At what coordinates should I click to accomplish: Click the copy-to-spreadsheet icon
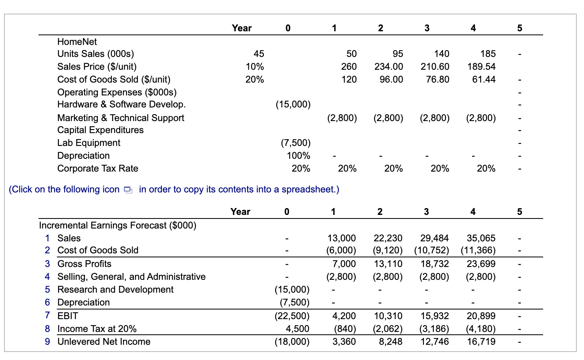tap(128, 190)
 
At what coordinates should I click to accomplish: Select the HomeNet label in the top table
tap(77, 42)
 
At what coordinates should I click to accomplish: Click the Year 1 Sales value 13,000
tap(341, 238)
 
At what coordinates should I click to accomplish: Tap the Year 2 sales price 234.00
tap(389, 67)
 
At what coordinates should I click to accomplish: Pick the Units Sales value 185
tap(488, 54)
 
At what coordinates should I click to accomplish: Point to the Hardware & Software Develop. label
tap(121, 105)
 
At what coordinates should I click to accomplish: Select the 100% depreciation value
tap(298, 156)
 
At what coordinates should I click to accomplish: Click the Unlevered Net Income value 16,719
tap(481, 342)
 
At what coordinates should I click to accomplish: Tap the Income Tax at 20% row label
tap(97, 329)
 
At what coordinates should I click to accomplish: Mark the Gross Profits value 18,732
tap(435, 264)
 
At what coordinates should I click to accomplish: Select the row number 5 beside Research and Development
tap(47, 289)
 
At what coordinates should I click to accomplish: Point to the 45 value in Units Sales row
tap(259, 54)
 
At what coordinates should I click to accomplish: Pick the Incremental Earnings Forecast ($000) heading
tap(118, 225)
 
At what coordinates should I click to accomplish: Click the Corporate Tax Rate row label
tap(98, 168)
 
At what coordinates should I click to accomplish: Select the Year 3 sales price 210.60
tap(435, 67)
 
